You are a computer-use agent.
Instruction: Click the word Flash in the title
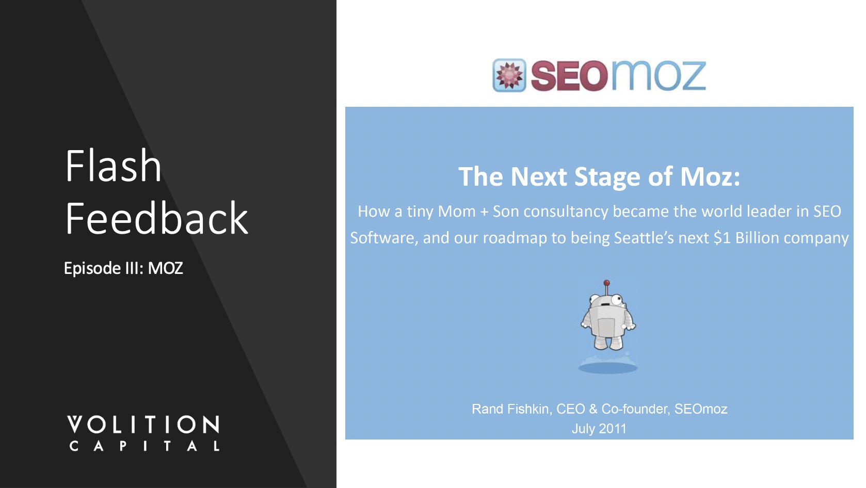coord(113,166)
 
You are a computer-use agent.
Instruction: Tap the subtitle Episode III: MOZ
coord(123,268)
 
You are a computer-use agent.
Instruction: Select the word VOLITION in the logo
coord(143,424)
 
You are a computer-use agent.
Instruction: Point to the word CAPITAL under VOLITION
coord(144,446)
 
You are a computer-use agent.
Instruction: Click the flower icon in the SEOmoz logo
coord(509,75)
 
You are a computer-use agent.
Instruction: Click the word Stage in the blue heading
coord(607,177)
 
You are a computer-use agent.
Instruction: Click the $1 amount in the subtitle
coord(722,238)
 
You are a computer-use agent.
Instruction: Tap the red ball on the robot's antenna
coord(606,283)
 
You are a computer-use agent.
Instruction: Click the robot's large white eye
coord(617,299)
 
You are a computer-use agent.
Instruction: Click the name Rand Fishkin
coord(511,409)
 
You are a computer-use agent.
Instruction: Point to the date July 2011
coord(599,429)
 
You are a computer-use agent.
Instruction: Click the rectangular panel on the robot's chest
coord(606,327)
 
